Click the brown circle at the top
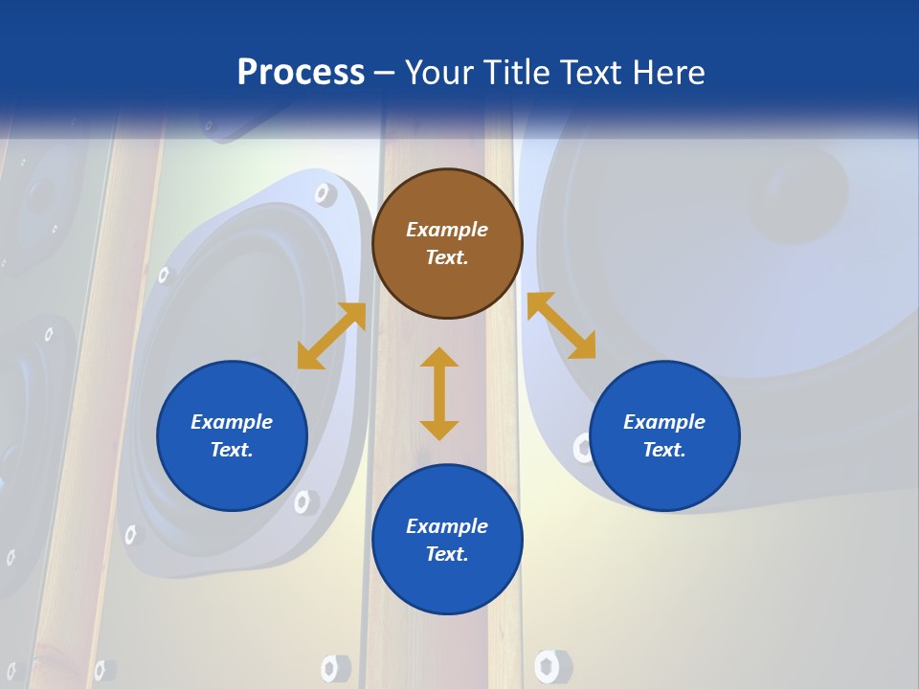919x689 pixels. [447, 244]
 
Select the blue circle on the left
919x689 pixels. [232, 435]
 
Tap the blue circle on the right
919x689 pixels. [664, 435]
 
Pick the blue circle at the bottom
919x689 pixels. [447, 540]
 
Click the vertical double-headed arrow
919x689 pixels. [439, 393]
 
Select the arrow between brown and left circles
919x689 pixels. [332, 335]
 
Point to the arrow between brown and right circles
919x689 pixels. [561, 325]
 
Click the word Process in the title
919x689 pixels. [301, 72]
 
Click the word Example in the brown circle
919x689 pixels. [447, 230]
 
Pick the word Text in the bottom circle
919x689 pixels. [447, 554]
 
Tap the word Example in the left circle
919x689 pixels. [232, 422]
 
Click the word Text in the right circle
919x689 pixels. [664, 450]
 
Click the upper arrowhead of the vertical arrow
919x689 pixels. [439, 359]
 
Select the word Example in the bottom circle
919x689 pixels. [447, 526]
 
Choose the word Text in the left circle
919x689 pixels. [232, 450]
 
